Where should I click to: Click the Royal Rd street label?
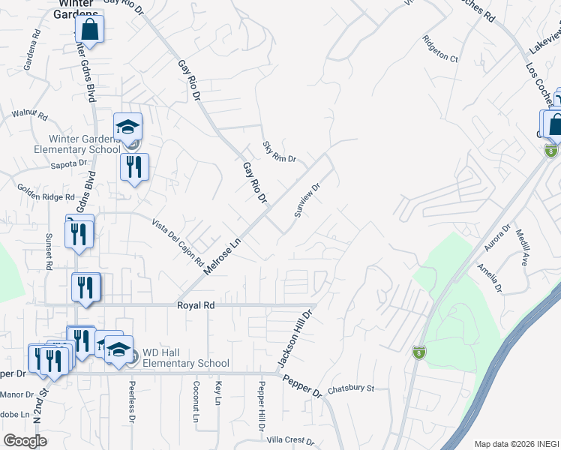point(196,305)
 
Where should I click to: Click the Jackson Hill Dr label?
point(294,339)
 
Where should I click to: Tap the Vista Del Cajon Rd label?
point(178,243)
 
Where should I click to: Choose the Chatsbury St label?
point(350,388)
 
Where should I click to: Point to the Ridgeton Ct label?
point(439,48)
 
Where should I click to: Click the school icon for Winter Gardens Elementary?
point(127,127)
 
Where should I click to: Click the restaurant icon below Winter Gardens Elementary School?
point(134,167)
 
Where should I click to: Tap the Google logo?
point(25,441)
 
